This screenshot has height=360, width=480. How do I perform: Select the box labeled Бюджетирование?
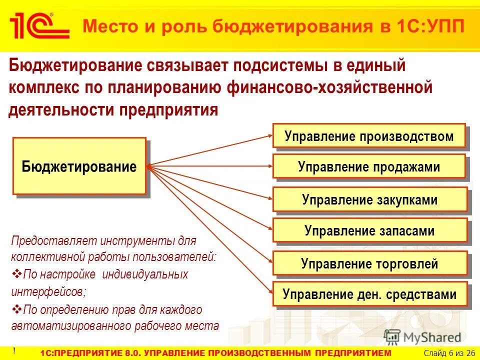79,166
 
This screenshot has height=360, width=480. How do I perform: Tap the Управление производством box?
369,136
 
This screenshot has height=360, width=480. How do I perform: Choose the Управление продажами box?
369,167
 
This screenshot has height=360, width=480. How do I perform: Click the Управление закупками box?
370,200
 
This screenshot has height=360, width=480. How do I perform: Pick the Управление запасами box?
370,231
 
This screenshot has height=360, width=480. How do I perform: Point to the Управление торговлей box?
370,263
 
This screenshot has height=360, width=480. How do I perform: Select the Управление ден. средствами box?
370,294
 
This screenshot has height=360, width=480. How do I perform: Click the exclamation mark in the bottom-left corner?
14,350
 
